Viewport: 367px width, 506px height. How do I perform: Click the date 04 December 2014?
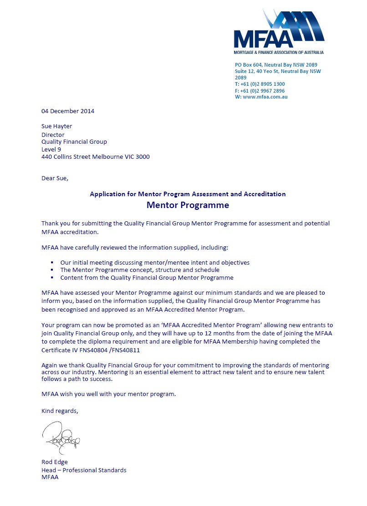pyautogui.click(x=68, y=111)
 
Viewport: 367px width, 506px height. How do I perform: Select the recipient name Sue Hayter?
pyautogui.click(x=57, y=126)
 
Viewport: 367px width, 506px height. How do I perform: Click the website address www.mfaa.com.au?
pyautogui.click(x=265, y=97)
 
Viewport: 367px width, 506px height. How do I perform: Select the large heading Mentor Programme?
pyautogui.click(x=188, y=205)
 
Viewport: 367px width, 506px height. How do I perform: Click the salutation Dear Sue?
pyautogui.click(x=55, y=178)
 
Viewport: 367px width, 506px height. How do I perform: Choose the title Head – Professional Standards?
pyautogui.click(x=84, y=470)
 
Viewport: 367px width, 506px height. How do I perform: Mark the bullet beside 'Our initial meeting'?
pyautogui.click(x=53, y=263)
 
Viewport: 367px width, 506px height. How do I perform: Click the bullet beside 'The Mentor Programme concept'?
pyautogui.click(x=53, y=270)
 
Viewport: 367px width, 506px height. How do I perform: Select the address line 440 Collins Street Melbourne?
pyautogui.click(x=95, y=157)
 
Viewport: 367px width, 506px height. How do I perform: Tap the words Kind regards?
pyautogui.click(x=60, y=411)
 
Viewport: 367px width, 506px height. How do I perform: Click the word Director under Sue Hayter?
pyautogui.click(x=53, y=135)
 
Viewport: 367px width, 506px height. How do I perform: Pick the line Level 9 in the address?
pyautogui.click(x=51, y=149)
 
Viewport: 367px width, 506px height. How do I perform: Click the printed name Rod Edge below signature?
pyautogui.click(x=55, y=462)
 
